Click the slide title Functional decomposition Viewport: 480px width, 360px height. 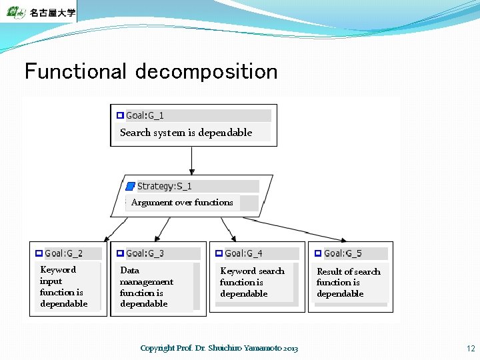151,71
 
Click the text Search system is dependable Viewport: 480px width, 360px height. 186,133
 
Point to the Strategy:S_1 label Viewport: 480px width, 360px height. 164,186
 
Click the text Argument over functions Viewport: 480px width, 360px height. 182,203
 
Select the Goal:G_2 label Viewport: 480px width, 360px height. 64,253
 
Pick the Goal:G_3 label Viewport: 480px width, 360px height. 145,253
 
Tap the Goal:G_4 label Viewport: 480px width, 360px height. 243,253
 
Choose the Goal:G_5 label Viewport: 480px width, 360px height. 343,253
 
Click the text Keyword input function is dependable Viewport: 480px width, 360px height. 63,287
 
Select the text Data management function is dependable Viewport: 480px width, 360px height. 146,287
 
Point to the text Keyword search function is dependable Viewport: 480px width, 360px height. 252,282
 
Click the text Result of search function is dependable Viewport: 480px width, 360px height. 348,282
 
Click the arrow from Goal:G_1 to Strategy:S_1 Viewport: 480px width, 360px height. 192,160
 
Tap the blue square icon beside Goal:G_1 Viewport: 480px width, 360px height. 120,115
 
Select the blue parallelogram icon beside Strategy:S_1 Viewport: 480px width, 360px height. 131,186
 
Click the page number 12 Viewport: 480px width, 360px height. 471,348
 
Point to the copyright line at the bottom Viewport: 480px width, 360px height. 219,348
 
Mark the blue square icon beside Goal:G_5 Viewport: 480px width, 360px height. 318,253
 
